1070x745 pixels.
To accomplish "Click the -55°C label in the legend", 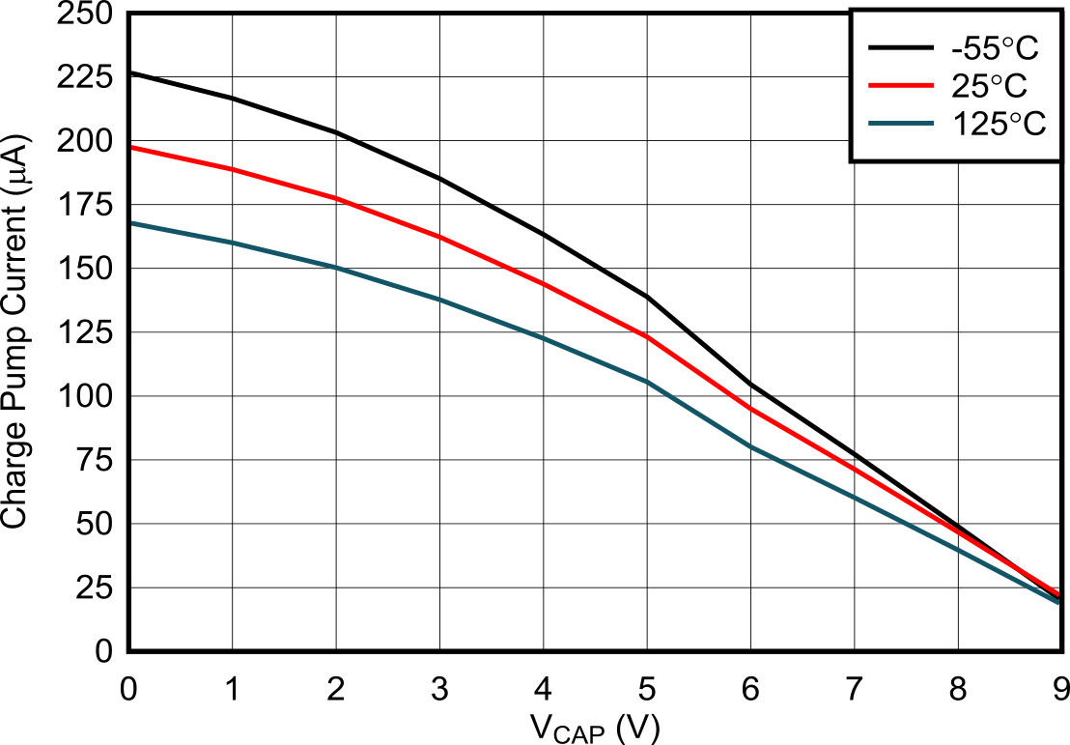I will (x=995, y=49).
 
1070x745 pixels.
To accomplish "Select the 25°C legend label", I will (x=989, y=86).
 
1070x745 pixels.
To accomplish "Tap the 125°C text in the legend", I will (x=999, y=124).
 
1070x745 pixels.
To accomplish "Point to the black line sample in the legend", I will (x=900, y=48).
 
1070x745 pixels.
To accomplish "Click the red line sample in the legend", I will (x=900, y=86).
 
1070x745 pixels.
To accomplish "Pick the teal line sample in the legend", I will (x=900, y=124).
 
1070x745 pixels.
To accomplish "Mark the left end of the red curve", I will (x=132, y=148).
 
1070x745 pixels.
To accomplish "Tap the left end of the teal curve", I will (x=132, y=223).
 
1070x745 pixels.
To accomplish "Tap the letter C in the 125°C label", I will (x=1034, y=124).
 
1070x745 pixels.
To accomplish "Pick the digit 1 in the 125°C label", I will (x=960, y=124).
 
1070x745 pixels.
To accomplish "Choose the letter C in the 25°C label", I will (x=1015, y=86).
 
